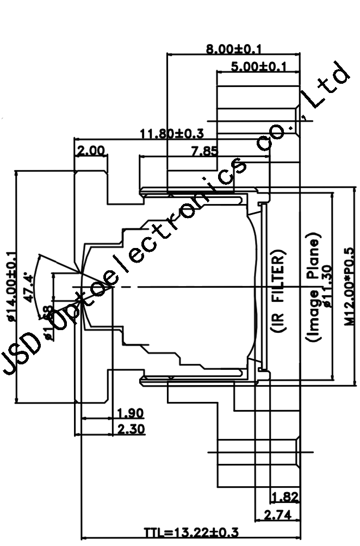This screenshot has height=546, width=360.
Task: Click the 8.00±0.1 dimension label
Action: (234, 49)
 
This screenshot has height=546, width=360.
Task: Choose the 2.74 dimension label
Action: (277, 514)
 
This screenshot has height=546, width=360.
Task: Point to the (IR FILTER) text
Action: (277, 294)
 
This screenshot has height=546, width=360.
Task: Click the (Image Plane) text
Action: (313, 288)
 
